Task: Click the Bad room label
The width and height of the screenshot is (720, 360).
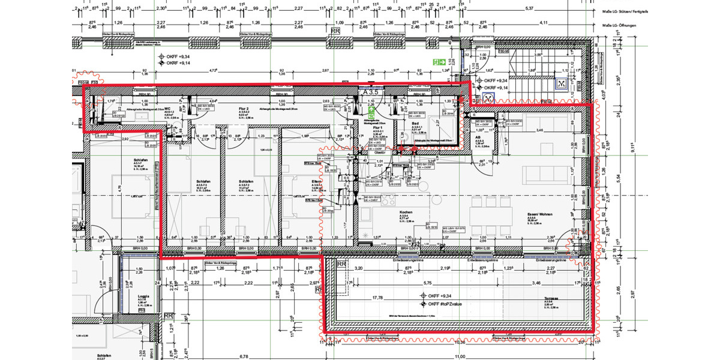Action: tap(415, 123)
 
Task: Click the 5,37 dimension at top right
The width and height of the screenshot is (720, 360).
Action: tap(529, 8)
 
